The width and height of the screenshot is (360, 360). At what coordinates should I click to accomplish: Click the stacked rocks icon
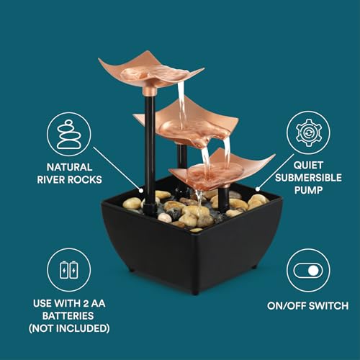(x=68, y=133)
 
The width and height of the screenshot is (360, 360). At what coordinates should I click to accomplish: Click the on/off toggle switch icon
(x=308, y=270)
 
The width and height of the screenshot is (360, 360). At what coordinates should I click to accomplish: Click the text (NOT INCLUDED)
(x=69, y=328)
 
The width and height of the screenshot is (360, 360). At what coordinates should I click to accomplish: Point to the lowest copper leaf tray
(x=216, y=170)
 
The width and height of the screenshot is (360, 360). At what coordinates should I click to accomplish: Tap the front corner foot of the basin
(x=194, y=290)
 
